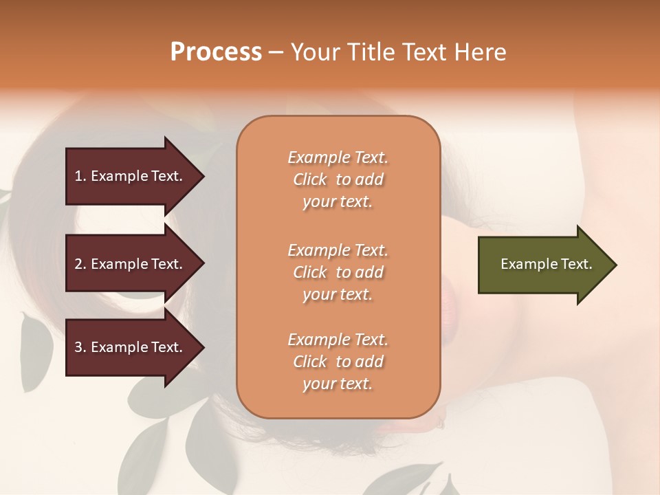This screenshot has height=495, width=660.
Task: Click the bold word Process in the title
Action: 216,52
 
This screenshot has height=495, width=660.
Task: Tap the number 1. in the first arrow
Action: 80,176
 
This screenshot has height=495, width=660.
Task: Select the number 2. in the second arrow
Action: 80,264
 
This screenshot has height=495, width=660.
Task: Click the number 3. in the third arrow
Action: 80,347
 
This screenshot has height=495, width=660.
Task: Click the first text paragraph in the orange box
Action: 338,179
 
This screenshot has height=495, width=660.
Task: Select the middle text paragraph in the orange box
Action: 338,272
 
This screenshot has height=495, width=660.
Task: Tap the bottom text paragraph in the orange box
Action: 338,362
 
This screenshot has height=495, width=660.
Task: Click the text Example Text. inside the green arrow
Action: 547,264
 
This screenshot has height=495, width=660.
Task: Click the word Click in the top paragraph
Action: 310,179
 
